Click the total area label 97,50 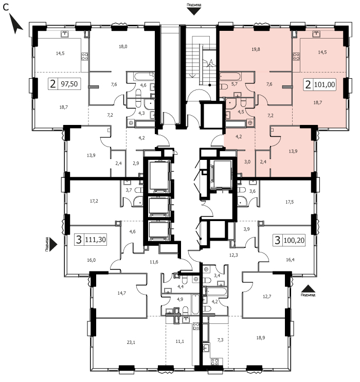69,84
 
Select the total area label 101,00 325,85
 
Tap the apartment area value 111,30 95,240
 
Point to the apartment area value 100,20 294,241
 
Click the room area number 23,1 131,342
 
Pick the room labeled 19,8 256,49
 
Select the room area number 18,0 123,47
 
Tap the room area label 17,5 290,202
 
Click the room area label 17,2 94,201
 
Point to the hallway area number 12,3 233,255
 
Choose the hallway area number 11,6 154,262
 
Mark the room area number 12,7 267,297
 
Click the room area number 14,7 121,293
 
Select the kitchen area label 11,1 179,341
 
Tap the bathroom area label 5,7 234,84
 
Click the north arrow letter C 6,8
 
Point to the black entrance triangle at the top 194,11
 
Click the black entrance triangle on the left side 53,244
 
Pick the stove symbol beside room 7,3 215,361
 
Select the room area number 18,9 261,338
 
